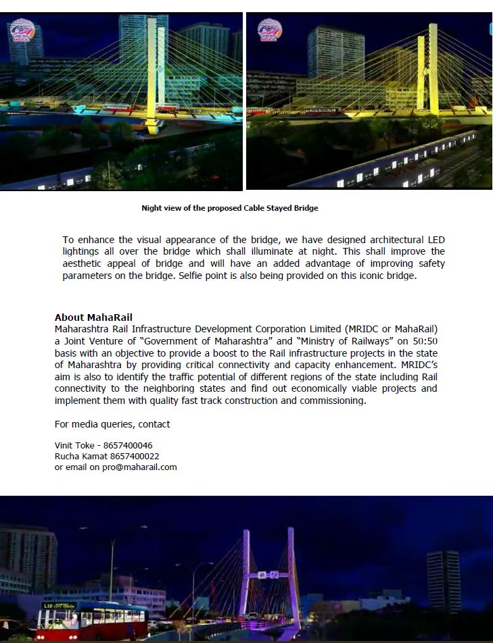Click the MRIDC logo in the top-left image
pyautogui.click(x=22, y=30)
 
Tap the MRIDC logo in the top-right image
pyautogui.click(x=269, y=30)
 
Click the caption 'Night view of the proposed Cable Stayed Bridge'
pyautogui.click(x=229, y=208)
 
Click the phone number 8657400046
pyautogui.click(x=130, y=446)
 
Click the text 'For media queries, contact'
pyautogui.click(x=112, y=424)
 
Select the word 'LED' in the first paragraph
pyautogui.click(x=436, y=240)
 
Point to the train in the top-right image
pyautogui.click(x=392, y=162)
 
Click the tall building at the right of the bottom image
pyautogui.click(x=443, y=581)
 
